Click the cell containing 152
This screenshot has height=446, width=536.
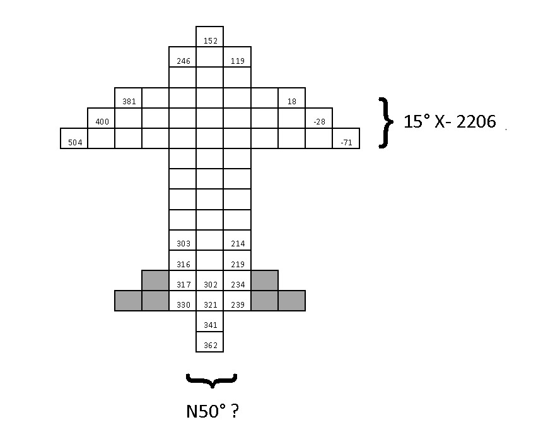(210, 37)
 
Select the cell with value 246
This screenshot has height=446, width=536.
(183, 57)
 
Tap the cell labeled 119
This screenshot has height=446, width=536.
(237, 57)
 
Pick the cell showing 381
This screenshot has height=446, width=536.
(129, 98)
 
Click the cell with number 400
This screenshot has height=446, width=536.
(102, 118)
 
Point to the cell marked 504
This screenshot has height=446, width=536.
(74, 138)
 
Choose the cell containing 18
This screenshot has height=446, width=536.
(291, 98)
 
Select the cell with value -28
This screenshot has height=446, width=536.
(318, 118)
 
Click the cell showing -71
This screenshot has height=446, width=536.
(346, 138)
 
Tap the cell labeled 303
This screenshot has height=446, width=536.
(183, 240)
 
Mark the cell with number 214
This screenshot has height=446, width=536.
(237, 240)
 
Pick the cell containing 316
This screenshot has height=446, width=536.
(183, 260)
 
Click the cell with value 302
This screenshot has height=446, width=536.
(210, 280)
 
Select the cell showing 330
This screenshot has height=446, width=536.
(183, 301)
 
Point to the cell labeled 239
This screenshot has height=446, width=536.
(237, 301)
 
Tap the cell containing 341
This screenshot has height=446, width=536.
(210, 322)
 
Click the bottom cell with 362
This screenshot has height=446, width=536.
(210, 342)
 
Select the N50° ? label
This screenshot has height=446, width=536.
(212, 412)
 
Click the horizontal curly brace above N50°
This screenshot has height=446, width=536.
(211, 380)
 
